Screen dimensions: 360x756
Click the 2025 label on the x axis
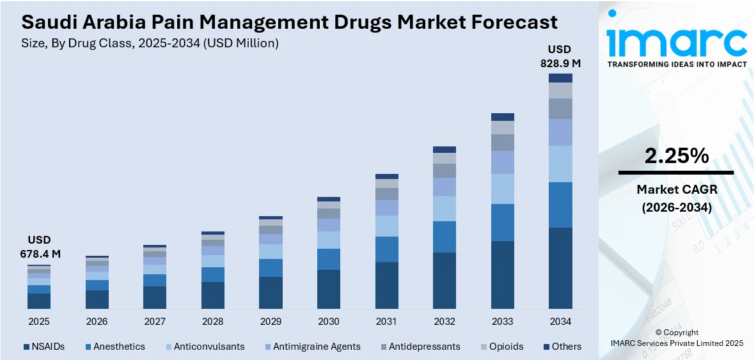pyautogui.click(x=39, y=321)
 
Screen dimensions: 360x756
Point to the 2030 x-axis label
pyautogui.click(x=329, y=321)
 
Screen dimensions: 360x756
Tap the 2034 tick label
pyautogui.click(x=560, y=321)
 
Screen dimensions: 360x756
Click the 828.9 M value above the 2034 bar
pyautogui.click(x=560, y=63)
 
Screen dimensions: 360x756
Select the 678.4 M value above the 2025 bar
pyautogui.click(x=39, y=254)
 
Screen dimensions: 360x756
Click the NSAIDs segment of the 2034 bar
pyautogui.click(x=560, y=269)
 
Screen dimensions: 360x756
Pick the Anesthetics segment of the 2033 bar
pyautogui.click(x=503, y=223)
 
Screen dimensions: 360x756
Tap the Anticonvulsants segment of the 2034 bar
pyautogui.click(x=560, y=164)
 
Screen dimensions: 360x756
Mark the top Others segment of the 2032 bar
pyautogui.click(x=445, y=150)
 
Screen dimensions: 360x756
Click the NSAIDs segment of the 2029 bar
pyautogui.click(x=271, y=293)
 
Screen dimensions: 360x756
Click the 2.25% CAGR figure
pyautogui.click(x=676, y=155)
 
